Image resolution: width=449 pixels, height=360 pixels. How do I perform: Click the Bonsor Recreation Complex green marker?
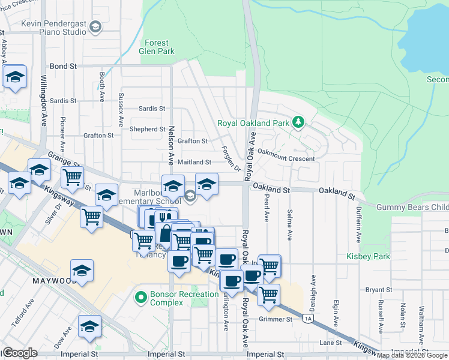[x=141, y=297]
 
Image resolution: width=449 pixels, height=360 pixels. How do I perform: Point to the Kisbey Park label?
[x=368, y=256]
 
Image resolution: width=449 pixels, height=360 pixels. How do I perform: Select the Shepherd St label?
[x=147, y=129]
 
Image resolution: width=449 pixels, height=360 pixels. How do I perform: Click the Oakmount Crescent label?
[x=286, y=158]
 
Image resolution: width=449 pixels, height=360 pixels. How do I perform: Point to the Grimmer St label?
[x=277, y=319]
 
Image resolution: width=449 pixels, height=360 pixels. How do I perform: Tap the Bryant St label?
[x=378, y=290]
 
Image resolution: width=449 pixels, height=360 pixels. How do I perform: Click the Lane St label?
[x=330, y=343]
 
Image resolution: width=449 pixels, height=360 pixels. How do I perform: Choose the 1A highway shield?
[x=309, y=318]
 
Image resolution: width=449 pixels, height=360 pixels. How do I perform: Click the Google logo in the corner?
[x=19, y=353]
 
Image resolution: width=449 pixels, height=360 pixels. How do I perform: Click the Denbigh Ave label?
[x=313, y=289]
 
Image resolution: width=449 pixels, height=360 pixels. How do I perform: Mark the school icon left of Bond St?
[x=15, y=77]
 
